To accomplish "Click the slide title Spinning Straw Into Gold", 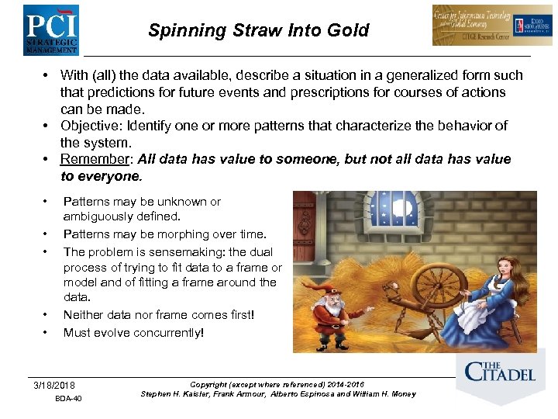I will pos(258,31).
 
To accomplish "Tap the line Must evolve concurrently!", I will pos(133,333).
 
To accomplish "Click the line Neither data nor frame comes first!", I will pos(158,314).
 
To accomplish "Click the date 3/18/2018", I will pos(54,386).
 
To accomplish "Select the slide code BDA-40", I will pos(68,400).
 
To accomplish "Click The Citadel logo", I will pos(499,372).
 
